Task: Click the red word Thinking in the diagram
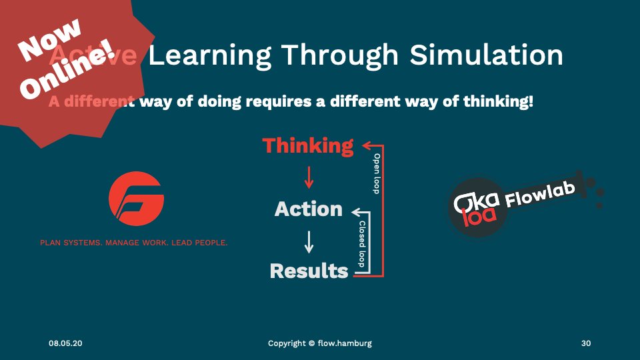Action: pos(308,145)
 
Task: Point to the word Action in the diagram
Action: pos(308,209)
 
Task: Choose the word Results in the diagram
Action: pos(309,271)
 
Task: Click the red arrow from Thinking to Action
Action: pos(308,177)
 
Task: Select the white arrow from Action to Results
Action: pos(308,241)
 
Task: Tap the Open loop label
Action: pos(377,173)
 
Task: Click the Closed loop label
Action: pos(362,245)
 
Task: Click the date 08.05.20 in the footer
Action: pos(65,343)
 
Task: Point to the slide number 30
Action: pos(586,343)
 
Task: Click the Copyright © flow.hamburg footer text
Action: pos(320,343)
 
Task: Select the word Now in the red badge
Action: pos(50,41)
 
